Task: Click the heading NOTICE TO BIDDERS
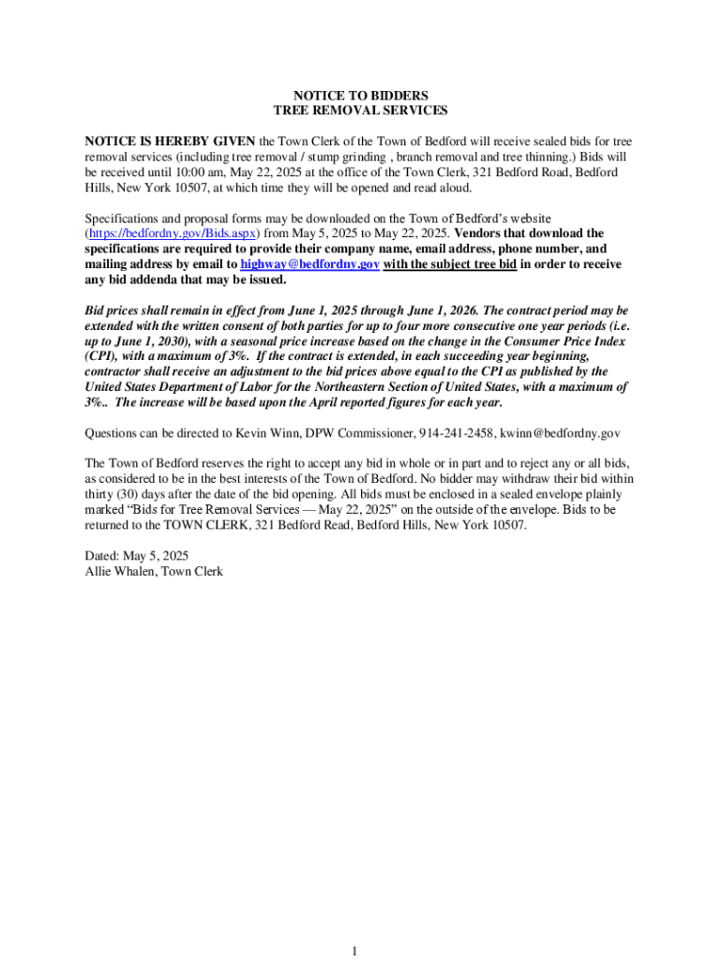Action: (x=361, y=96)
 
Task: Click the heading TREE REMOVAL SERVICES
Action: (x=361, y=111)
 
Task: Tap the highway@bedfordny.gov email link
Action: (x=310, y=265)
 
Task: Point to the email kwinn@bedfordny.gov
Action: (x=560, y=433)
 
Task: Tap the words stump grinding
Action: (x=355, y=157)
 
